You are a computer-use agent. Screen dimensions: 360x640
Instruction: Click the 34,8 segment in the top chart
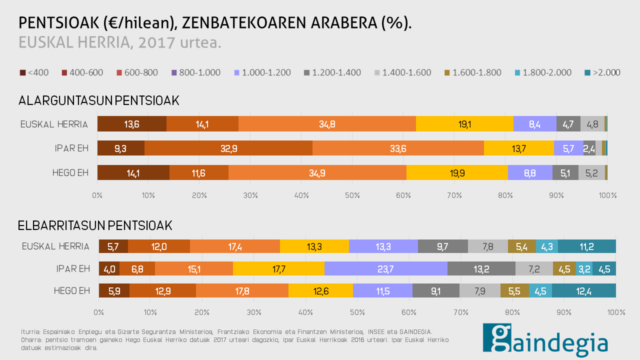327,124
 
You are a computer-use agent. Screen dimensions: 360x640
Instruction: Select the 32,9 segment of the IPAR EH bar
228,148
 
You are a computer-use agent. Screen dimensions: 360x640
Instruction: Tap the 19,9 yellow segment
457,172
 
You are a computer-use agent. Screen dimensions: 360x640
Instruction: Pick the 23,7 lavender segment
385,268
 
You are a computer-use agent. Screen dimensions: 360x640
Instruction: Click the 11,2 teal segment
586,246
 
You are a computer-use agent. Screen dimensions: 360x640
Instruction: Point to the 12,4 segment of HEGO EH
583,290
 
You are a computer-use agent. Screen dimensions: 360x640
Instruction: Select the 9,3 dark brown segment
120,148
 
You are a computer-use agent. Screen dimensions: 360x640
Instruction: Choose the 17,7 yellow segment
278,268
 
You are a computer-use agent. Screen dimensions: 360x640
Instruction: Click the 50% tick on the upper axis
352,195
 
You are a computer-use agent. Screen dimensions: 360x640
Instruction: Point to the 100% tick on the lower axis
615,312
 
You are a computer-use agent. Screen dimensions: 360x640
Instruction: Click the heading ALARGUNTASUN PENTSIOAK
98,100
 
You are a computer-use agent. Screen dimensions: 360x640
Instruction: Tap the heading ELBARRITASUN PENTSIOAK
95,225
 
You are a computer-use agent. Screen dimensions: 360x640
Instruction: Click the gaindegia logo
545,340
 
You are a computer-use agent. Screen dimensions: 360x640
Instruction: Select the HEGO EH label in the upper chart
70,173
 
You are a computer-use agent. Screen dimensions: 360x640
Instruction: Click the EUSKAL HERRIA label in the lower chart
55,246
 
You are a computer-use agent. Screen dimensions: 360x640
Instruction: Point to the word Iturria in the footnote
30,331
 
